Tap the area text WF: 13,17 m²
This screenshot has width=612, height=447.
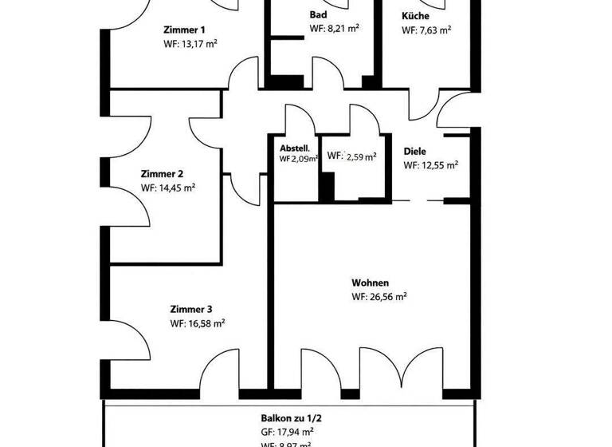pyautogui.click(x=190, y=45)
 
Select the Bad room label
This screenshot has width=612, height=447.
pyautogui.click(x=319, y=15)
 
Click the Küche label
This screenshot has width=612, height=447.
pyautogui.click(x=418, y=15)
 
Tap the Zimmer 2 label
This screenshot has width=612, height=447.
pyautogui.click(x=163, y=173)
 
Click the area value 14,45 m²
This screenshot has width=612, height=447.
pyautogui.click(x=176, y=188)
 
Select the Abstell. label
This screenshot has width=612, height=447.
pyautogui.click(x=294, y=148)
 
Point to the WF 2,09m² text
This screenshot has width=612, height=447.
pyautogui.click(x=299, y=159)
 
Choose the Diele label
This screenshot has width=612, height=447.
pyautogui.click(x=415, y=151)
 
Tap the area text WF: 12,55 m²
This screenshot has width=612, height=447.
pyautogui.click(x=431, y=166)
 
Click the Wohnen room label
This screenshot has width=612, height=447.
pyautogui.click(x=370, y=283)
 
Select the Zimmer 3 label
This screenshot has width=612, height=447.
pyautogui.click(x=191, y=309)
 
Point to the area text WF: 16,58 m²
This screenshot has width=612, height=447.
pyautogui.click(x=198, y=324)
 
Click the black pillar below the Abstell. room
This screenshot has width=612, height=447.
pyautogui.click(x=326, y=185)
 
